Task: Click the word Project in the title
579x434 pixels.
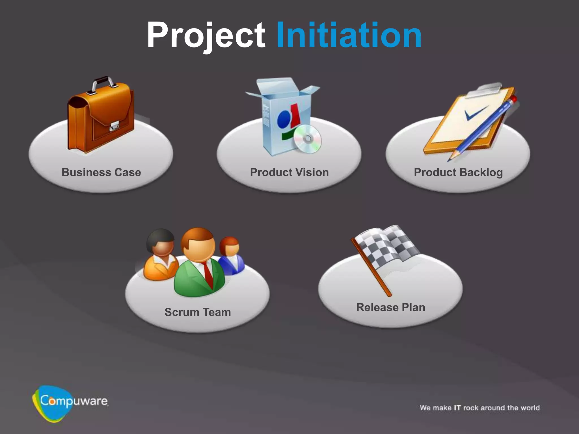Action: [x=206, y=35]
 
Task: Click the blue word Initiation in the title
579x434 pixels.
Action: [x=349, y=35]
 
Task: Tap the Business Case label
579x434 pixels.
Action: [x=101, y=172]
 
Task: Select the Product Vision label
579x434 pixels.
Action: [x=289, y=172]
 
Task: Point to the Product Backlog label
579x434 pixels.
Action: [x=458, y=173]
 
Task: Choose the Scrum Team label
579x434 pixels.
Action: [x=198, y=312]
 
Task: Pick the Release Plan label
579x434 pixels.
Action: [x=391, y=307]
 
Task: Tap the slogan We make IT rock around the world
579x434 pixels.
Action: [x=479, y=408]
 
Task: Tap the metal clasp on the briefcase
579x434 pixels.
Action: [x=114, y=126]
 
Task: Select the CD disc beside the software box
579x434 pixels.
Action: [x=307, y=139]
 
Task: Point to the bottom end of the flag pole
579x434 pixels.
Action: [x=389, y=294]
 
